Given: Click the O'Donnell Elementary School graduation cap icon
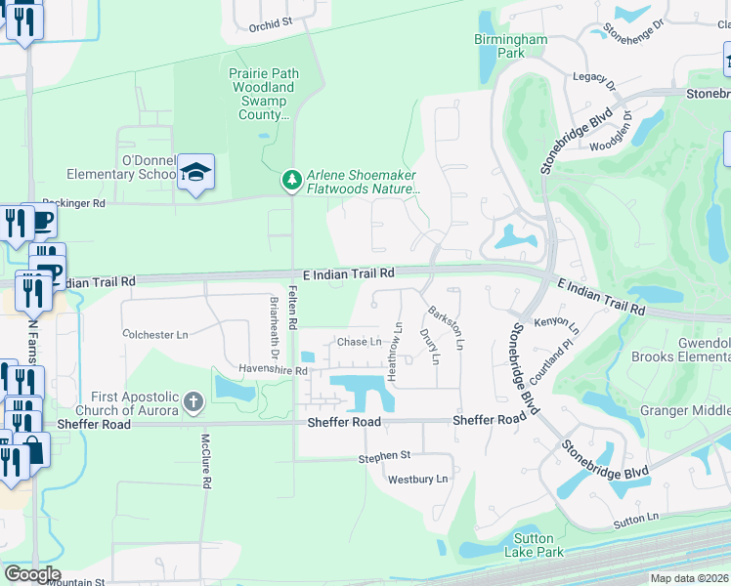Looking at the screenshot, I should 195,173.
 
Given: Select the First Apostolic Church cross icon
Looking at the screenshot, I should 193,400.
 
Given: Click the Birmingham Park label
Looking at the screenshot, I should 511,46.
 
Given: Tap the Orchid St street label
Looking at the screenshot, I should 271,22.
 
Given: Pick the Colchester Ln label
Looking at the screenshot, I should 155,334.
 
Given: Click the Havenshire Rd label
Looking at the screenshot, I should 274,370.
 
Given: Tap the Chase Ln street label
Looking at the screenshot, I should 359,342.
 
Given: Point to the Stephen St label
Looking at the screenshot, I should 384,456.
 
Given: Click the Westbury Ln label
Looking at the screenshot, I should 417,480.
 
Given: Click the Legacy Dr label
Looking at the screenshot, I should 595,80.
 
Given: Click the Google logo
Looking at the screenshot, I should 32,574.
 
